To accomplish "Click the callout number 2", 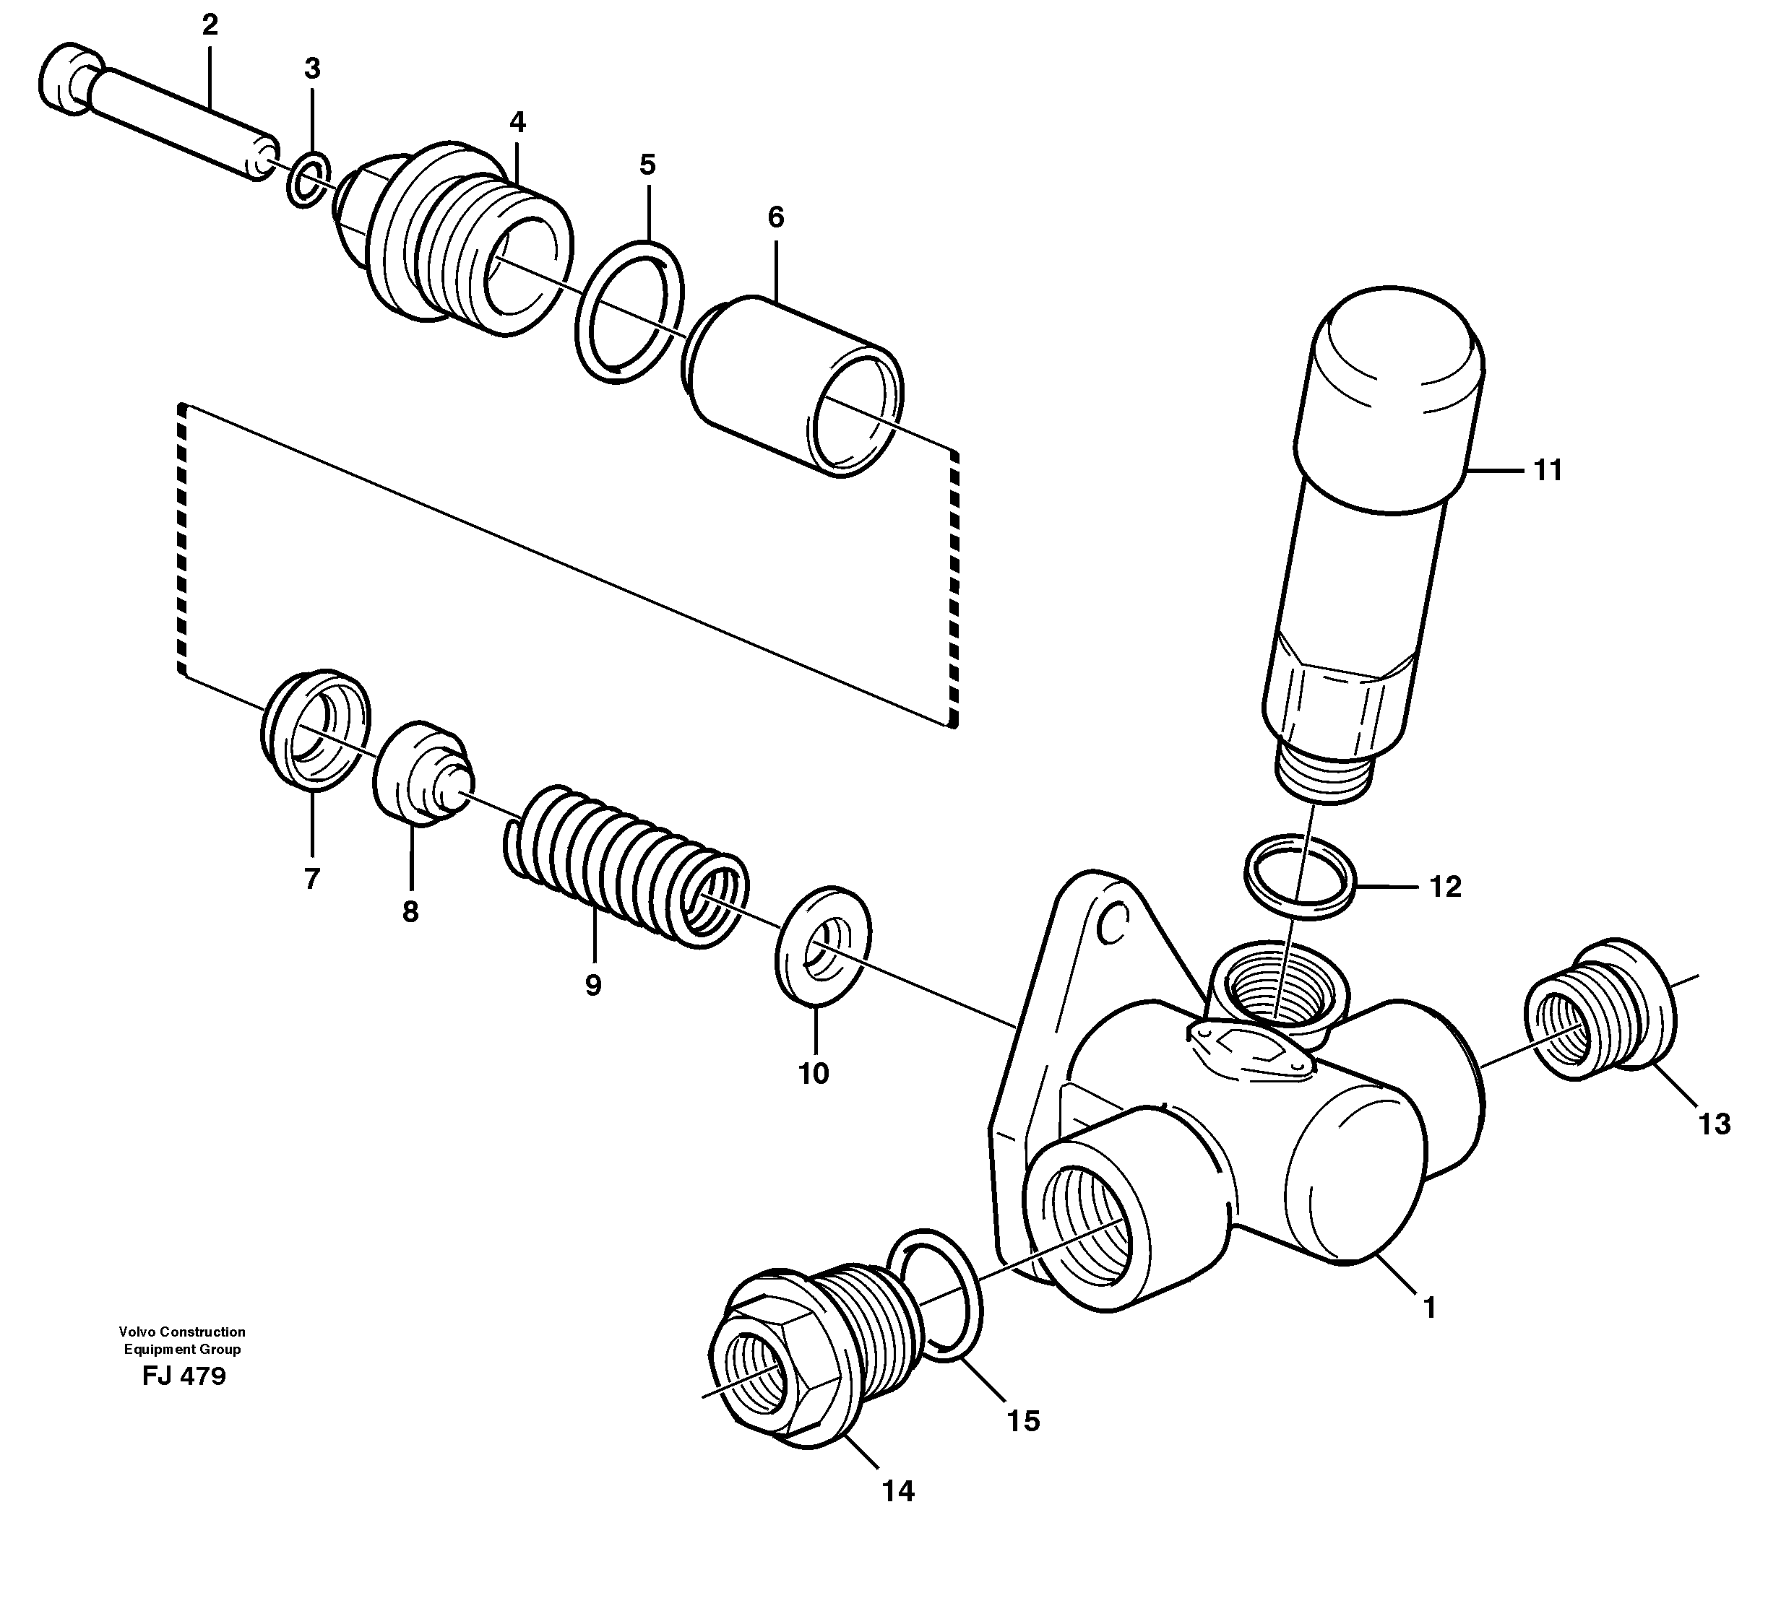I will tap(210, 25).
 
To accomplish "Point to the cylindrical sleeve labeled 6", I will tap(791, 386).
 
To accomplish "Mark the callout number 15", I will tap(1023, 1421).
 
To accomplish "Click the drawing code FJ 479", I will tap(184, 1376).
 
